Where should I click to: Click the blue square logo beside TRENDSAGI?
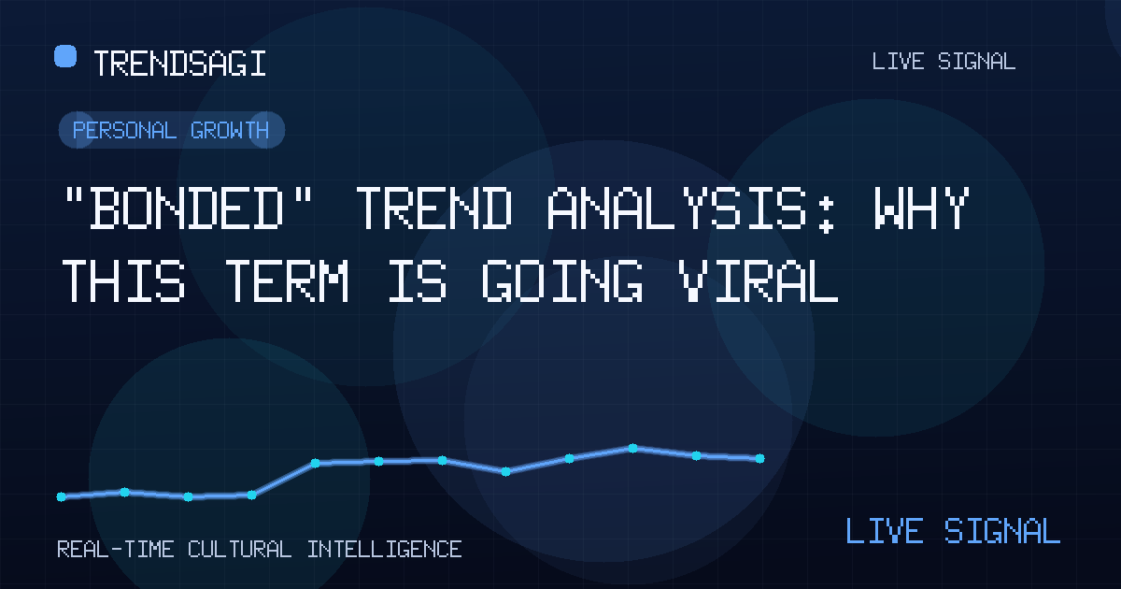coord(65,56)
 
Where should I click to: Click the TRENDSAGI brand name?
coord(179,64)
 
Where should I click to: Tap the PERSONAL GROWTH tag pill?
coord(172,130)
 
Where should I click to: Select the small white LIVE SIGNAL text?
coord(944,62)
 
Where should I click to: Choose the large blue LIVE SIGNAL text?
coord(953,531)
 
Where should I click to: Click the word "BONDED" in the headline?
coord(188,208)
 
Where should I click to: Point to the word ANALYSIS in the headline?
coord(675,208)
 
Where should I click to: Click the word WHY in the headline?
coord(922,208)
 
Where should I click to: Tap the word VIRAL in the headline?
coord(759,280)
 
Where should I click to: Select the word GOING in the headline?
coord(562,280)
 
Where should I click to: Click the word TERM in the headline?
coord(286,280)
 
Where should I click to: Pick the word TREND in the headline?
coord(433,208)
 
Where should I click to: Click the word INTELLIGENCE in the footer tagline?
coord(384,550)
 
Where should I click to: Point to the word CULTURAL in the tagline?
coord(239,550)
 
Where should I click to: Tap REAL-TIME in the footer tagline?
coord(116,550)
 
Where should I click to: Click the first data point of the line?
coord(61,496)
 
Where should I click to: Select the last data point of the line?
coord(759,458)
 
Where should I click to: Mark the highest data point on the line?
coord(632,448)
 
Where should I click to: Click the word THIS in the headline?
coord(123,280)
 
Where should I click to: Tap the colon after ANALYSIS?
coord(827,215)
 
